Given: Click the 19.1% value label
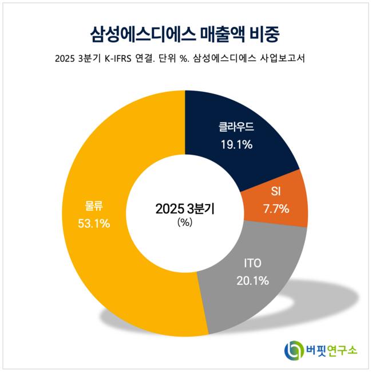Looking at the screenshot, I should (x=236, y=144).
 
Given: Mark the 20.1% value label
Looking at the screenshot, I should (x=252, y=280).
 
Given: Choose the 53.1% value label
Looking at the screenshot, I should (x=93, y=223).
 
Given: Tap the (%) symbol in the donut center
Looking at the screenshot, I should (x=185, y=222).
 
